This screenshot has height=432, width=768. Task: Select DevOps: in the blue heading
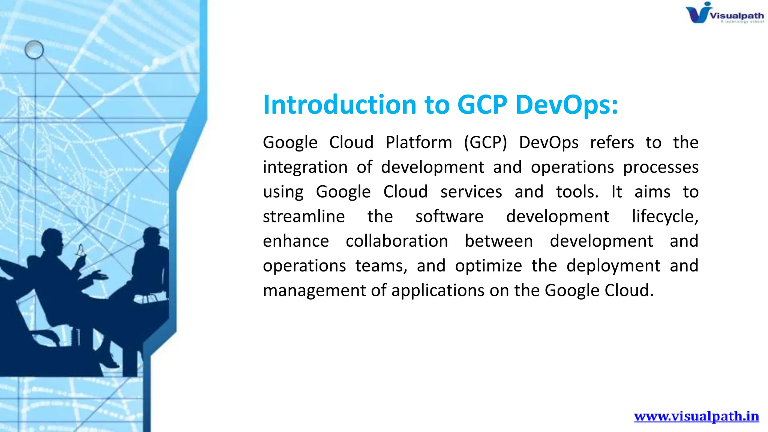coord(566,105)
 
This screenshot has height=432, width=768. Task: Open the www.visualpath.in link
coord(696,416)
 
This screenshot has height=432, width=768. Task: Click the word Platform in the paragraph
coord(418,143)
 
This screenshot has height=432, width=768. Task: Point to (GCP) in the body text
coord(485,143)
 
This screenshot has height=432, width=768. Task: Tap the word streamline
coord(304,217)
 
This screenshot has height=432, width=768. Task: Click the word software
coord(449,217)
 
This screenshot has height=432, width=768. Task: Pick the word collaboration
coord(397,241)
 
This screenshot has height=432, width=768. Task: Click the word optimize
coord(488,266)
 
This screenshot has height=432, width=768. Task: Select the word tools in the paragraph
coord(577,192)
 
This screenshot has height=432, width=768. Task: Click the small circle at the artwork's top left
coord(34,49)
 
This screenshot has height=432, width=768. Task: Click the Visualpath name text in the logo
coord(736,16)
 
